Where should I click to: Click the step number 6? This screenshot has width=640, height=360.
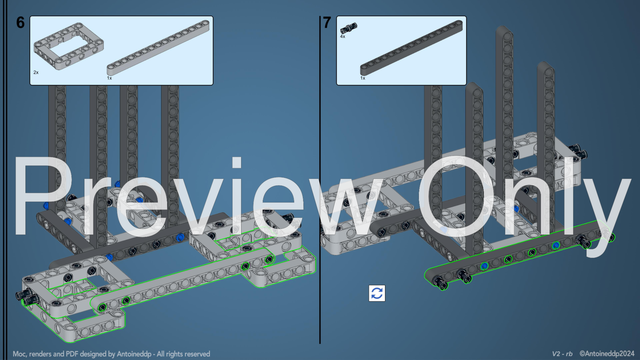tap(20, 23)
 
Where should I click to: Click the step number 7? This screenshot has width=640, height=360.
tap(327, 23)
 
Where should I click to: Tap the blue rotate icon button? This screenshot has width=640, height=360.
tap(377, 293)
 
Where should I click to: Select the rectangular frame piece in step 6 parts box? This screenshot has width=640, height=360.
tap(68, 46)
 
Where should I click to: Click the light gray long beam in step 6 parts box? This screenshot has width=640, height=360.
tap(158, 48)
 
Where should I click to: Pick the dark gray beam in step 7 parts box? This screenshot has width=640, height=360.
tap(411, 48)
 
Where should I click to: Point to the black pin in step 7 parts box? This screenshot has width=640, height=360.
tap(349, 28)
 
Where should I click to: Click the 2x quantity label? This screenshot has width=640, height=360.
tap(36, 72)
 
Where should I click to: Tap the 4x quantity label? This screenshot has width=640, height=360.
tap(343, 36)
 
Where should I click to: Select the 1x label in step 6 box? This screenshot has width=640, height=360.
tap(109, 78)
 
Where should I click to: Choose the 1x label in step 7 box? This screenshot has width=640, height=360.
tap(363, 78)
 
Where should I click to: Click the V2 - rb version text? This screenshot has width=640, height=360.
tap(562, 354)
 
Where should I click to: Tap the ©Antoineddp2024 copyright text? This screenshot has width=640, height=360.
tap(607, 354)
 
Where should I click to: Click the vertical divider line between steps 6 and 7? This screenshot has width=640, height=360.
tap(320, 180)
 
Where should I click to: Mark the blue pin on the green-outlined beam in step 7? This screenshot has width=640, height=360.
tap(484, 266)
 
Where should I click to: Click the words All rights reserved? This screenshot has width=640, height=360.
tap(183, 354)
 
